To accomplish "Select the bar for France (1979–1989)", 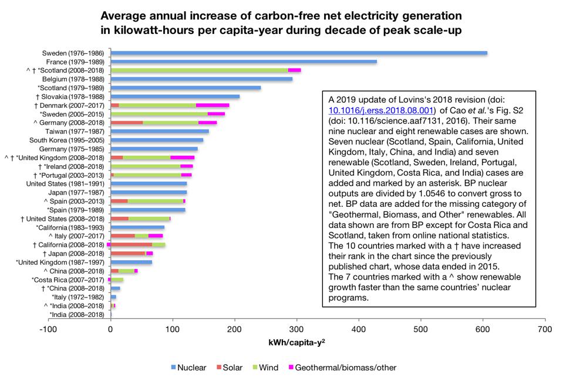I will click(244, 62).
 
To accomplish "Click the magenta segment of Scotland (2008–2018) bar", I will click(294, 70).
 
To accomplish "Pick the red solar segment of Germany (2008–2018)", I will click(127, 122).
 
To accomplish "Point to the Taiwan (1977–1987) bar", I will click(160, 131).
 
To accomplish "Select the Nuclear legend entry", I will click(187, 368).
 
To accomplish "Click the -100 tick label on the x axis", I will click(48, 329).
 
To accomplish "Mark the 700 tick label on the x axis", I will click(545, 329).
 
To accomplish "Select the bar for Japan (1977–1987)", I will click(149, 192).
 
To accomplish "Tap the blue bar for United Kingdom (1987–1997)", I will click(132, 262).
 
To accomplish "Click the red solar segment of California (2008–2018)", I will click(132, 244).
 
